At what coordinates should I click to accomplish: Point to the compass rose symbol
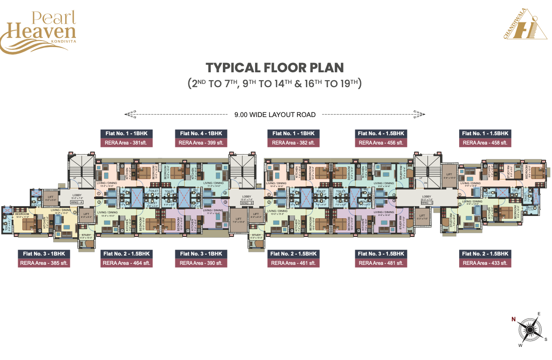530,331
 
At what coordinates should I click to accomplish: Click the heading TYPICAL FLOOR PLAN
275,68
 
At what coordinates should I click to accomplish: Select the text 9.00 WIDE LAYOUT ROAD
275,114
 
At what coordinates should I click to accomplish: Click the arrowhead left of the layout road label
130,114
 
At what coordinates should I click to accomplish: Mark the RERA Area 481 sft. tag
381,263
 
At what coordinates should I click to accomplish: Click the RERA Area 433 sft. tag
485,263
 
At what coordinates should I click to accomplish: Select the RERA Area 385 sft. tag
45,263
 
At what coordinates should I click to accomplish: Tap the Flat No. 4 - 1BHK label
201,133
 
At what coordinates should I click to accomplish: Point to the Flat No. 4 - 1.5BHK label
381,133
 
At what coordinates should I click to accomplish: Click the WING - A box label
77,202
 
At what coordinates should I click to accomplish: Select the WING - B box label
246,203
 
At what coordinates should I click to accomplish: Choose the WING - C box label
426,203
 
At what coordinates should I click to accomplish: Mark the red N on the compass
513,319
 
